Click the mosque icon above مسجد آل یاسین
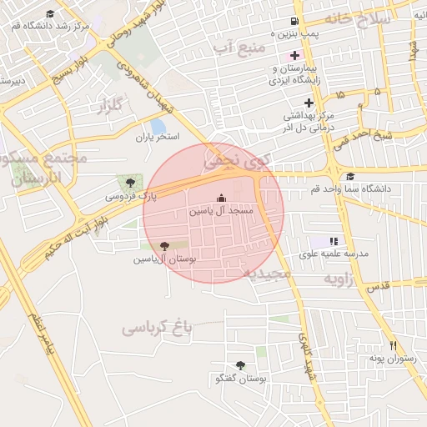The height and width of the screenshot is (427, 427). click(x=220, y=198)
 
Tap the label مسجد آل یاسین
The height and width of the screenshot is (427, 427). click(x=219, y=212)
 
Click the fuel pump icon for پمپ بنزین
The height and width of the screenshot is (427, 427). click(x=294, y=21)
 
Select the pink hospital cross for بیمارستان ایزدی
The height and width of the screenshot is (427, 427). click(x=294, y=55)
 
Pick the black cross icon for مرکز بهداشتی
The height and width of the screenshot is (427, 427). click(x=309, y=103)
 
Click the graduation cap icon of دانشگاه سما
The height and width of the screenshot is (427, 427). click(x=350, y=177)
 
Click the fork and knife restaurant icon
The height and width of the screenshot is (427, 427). click(x=393, y=346)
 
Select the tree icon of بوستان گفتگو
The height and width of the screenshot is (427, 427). click(x=240, y=366)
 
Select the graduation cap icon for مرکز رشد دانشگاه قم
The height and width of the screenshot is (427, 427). click(x=50, y=14)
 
